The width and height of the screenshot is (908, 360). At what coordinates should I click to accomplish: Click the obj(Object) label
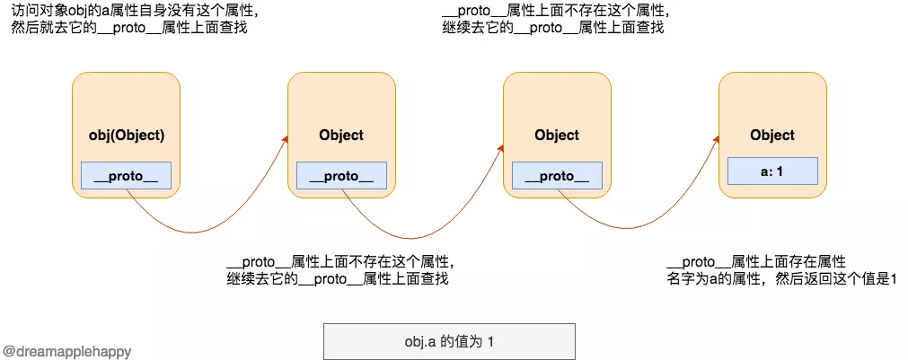click(x=126, y=136)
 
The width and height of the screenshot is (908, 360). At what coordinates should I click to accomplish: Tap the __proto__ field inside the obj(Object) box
click(x=126, y=176)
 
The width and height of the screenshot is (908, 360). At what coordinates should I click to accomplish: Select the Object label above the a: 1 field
click(x=772, y=136)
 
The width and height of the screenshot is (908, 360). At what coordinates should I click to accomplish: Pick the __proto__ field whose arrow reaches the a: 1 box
click(x=557, y=176)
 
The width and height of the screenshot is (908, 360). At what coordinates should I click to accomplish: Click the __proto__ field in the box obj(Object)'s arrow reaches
click(x=341, y=176)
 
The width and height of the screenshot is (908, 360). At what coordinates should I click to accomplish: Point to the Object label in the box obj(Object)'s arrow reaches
click(x=341, y=136)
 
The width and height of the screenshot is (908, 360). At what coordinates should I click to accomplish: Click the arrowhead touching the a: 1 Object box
click(x=716, y=140)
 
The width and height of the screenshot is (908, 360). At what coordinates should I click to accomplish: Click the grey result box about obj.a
click(x=449, y=341)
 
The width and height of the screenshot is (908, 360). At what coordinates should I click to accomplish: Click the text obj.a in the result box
click(x=420, y=342)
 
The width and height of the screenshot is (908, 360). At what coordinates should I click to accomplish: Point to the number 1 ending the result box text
click(x=491, y=342)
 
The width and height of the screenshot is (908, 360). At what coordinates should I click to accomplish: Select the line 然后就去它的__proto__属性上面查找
click(x=131, y=28)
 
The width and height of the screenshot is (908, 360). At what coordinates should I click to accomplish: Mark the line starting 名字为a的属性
click(x=781, y=279)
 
